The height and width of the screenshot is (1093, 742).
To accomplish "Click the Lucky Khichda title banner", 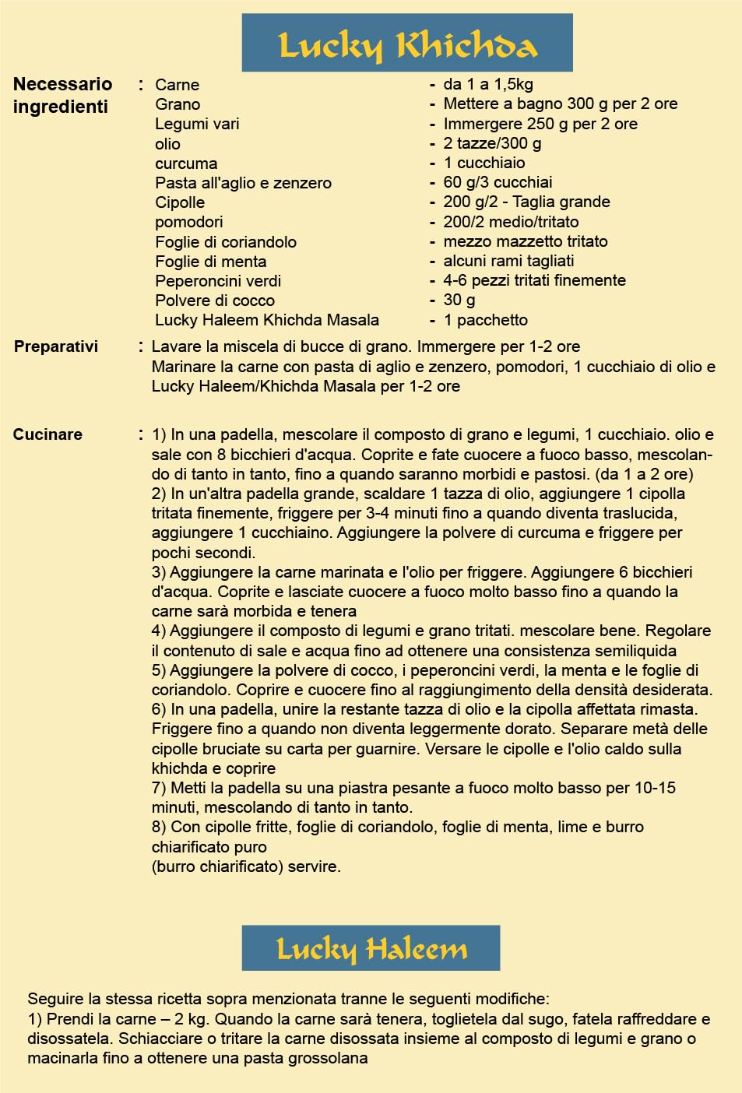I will point(407,44).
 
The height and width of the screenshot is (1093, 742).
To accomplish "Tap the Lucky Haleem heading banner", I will point(371,948).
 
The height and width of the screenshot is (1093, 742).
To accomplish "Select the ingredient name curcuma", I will point(186,163).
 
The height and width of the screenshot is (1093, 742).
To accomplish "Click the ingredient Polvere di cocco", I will point(215,300).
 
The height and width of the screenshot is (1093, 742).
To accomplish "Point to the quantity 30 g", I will point(459,300).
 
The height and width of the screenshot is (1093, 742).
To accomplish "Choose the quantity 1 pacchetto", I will point(485,320).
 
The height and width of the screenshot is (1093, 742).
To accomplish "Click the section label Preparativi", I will point(56,346).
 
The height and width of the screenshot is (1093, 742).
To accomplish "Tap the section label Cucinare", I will point(47,434).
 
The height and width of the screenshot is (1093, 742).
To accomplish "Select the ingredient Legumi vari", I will point(197,124).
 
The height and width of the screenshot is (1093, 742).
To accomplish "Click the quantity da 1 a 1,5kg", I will point(488,84).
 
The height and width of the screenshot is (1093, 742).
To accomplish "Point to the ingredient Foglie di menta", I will point(210,262).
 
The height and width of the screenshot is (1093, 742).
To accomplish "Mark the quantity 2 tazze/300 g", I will point(492,143).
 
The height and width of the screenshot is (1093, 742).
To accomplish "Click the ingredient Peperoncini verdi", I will point(218,281).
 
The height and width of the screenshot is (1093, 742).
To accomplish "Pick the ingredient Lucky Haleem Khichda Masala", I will point(267,320).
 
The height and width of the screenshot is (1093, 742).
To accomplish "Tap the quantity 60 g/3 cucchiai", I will point(498,182).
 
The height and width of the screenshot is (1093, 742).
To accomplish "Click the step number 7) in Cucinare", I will point(159,788).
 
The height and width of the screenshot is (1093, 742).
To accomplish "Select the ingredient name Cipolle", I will point(180,202).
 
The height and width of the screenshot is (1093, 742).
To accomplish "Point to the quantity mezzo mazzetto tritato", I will point(526,241).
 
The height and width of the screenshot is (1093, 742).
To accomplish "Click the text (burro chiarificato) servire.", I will point(246,866).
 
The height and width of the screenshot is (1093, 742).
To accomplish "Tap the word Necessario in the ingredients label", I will point(62,84).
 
